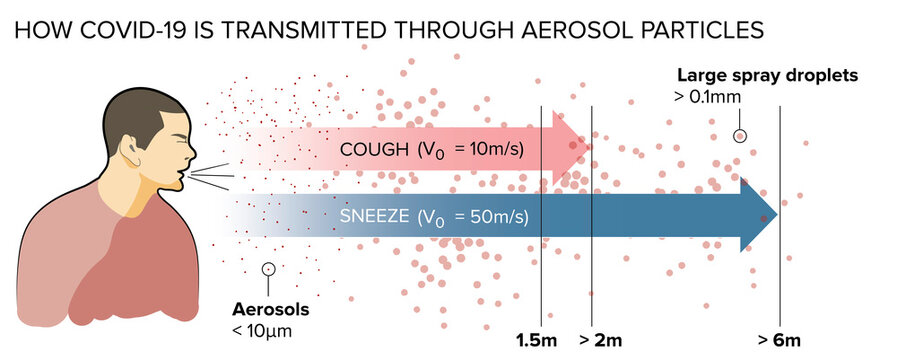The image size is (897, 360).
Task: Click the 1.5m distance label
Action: [535, 340]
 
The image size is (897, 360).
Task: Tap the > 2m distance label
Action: [600, 340]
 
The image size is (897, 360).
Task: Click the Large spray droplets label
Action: [767, 75]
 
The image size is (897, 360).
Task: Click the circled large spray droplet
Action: [740, 136]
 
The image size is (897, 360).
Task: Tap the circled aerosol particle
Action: [267, 268]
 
